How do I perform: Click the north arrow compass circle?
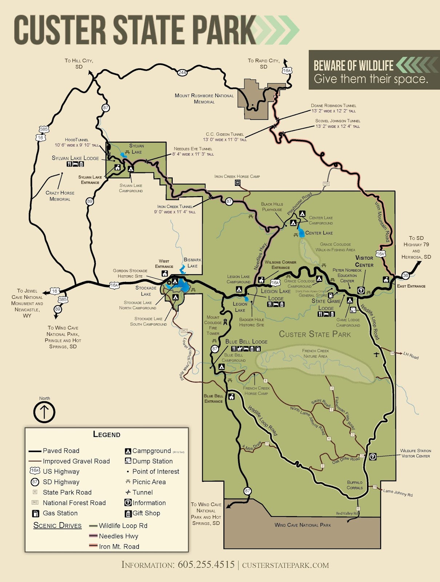pos(44,412)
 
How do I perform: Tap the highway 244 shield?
pos(182,72)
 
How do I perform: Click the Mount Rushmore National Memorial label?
pos(204,99)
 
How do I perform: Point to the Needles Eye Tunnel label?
pos(193,151)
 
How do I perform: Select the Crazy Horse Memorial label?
pos(60,196)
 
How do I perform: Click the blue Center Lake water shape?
pos(301,232)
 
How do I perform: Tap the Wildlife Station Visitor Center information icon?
pos(373,457)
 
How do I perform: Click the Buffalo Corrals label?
pos(355,485)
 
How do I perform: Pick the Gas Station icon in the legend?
pos(35,513)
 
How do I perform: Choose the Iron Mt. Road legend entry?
pos(119,546)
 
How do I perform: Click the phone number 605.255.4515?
pos(206,565)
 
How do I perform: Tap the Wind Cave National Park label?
pos(303,525)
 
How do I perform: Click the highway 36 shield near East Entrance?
pos(405,275)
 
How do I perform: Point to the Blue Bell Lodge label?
pos(246,342)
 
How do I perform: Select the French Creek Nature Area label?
pos(315,353)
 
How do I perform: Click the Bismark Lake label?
pos(192,263)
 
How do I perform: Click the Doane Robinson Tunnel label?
pos(333,108)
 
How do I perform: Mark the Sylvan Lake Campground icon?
pos(131,169)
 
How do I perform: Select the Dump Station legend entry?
pos(152,461)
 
